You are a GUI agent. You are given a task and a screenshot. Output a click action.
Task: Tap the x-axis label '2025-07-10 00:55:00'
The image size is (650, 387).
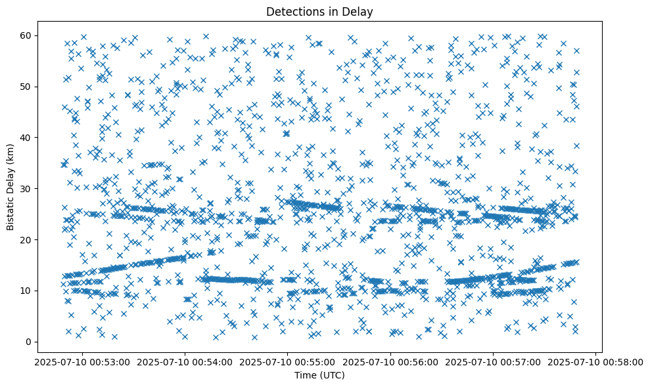click(287, 361)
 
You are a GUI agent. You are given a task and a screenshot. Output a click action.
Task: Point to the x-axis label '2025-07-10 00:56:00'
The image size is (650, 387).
click(390, 361)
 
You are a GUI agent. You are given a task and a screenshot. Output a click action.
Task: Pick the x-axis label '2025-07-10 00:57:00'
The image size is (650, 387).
click(493, 361)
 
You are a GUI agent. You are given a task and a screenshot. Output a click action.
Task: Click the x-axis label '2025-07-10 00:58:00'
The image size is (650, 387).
click(596, 361)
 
